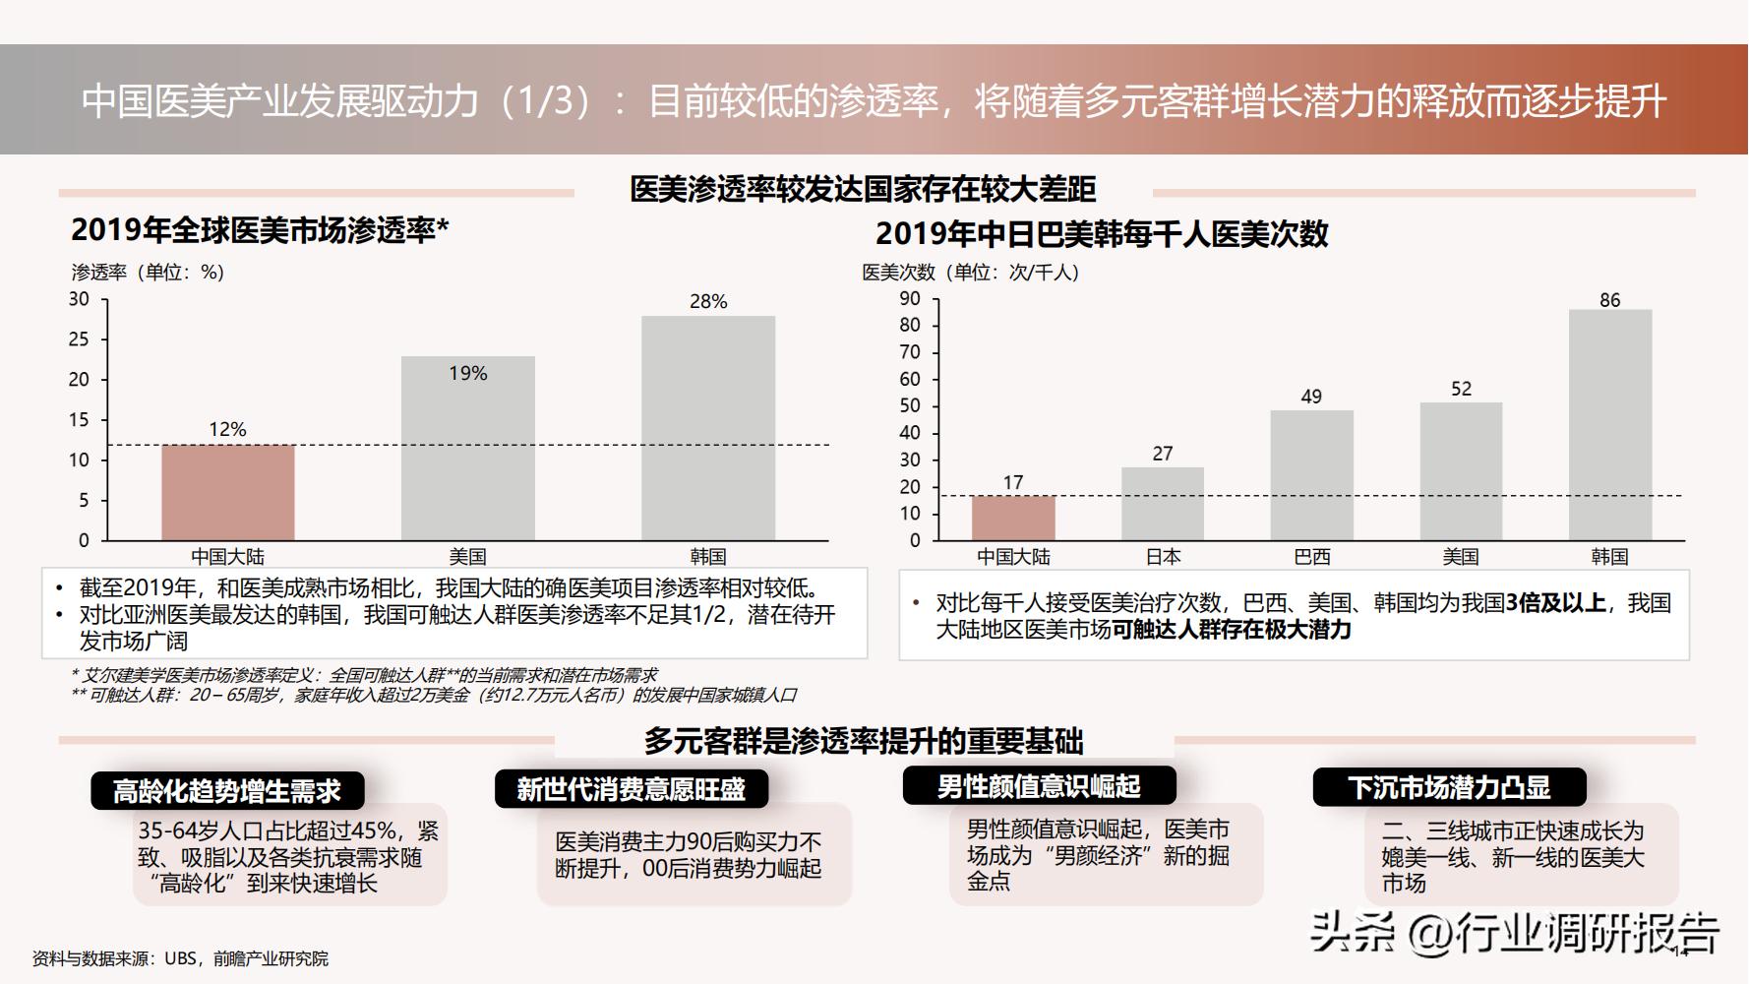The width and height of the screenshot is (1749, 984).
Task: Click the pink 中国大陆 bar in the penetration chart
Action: pos(228,492)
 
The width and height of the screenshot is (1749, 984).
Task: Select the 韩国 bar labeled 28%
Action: pos(708,428)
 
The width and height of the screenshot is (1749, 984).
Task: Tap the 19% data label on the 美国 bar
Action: pos(468,374)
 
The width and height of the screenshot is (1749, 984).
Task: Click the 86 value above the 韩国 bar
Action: pos(1609,300)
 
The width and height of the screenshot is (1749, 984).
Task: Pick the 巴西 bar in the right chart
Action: pos(1311,475)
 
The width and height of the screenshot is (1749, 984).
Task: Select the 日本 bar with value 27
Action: pos(1163,504)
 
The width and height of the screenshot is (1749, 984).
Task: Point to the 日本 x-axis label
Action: pos(1163,557)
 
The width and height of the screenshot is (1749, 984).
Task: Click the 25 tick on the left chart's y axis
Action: pos(79,339)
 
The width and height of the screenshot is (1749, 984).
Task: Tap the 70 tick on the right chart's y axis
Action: pos(910,352)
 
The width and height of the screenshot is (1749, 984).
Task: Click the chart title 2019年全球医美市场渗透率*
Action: pos(260,230)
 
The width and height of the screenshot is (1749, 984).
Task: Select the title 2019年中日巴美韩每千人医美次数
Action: pos(1102,234)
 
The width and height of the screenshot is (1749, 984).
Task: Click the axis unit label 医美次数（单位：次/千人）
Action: pos(970,273)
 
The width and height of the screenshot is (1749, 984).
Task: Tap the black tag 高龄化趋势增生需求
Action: pos(227,790)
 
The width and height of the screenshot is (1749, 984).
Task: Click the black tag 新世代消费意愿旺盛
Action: pos(631,789)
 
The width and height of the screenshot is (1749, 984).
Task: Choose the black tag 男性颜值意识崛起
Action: pos(1039,786)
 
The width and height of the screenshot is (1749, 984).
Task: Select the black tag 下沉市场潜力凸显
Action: pos(1449,787)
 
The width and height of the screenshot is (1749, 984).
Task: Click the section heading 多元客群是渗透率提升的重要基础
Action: pos(864,741)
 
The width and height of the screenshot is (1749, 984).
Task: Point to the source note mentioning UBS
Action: pos(180,958)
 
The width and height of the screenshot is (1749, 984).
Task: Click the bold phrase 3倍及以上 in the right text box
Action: pos(1555,603)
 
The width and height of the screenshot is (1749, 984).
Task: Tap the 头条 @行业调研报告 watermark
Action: pos(1515,932)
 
